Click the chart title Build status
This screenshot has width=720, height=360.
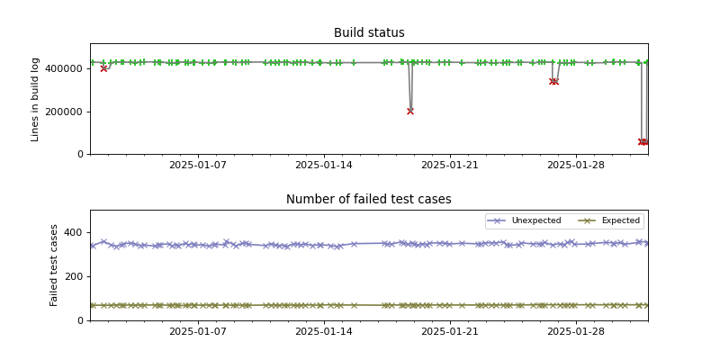[369, 33]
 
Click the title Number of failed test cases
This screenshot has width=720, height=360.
[369, 200]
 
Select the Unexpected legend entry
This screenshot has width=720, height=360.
[535, 220]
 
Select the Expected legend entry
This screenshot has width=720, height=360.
[620, 220]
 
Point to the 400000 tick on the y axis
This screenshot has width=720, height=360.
[66, 69]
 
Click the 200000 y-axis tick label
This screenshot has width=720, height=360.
[66, 112]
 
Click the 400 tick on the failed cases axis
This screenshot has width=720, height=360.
[76, 233]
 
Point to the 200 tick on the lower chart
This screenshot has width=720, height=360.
[76, 277]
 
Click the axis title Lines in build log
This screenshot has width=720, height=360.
[36, 99]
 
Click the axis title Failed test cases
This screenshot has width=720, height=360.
[54, 265]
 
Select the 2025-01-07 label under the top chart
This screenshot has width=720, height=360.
[197, 166]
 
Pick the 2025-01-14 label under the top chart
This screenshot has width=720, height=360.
[323, 166]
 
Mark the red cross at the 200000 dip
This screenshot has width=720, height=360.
[410, 112]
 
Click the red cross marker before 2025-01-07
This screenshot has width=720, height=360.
[103, 68]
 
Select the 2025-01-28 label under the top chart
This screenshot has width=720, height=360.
[575, 166]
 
